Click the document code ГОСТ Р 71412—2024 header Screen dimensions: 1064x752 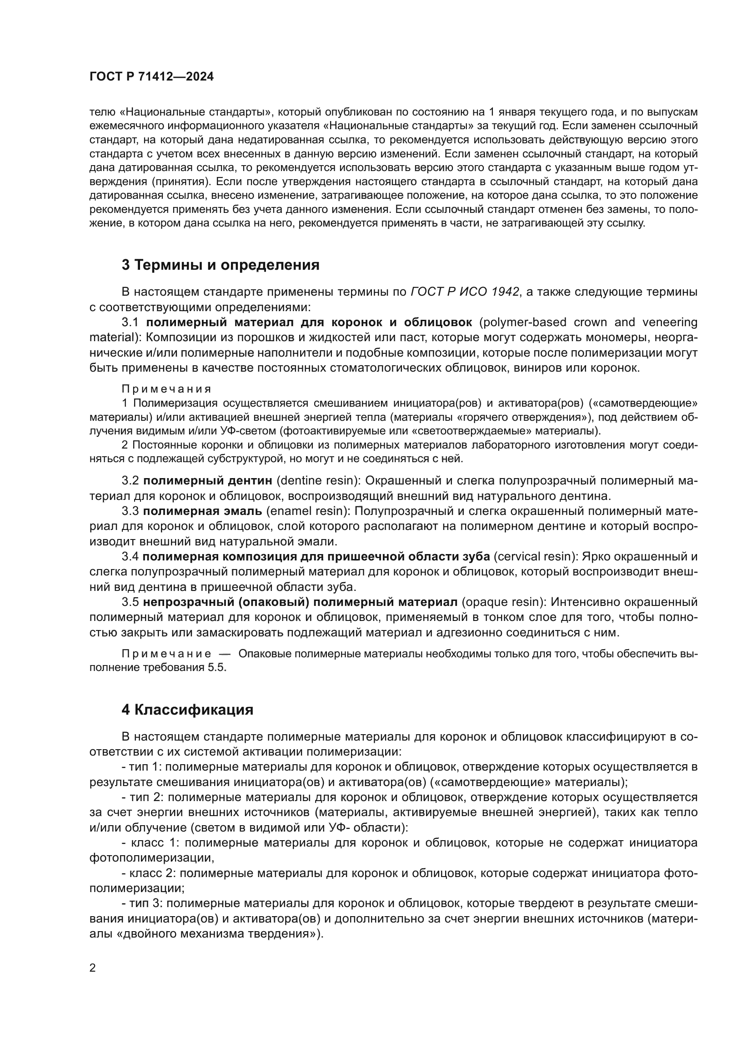pos(151,77)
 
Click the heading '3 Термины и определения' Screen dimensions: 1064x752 pos(221,265)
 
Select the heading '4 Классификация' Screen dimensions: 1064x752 pos(187,710)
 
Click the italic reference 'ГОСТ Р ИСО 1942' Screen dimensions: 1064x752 pos(465,292)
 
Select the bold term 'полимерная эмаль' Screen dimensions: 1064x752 pos(203,511)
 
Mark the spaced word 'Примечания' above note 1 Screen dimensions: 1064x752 pos(166,389)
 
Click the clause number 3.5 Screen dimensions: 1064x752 pos(130,602)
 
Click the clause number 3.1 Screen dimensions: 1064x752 pos(130,323)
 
